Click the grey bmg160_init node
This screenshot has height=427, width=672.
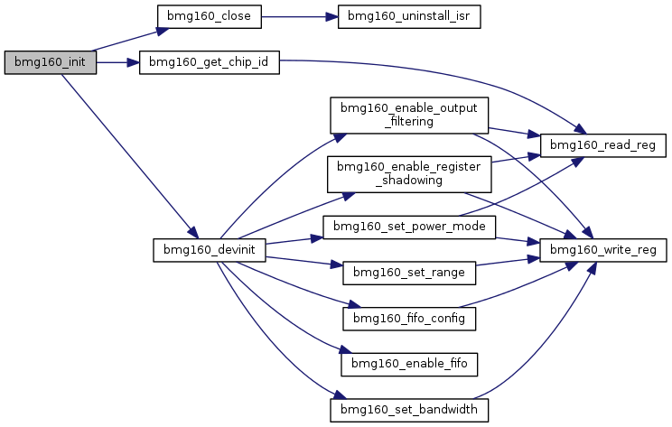[x=51, y=62]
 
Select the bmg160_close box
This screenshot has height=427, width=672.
[x=210, y=17]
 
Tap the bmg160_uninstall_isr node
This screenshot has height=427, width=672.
[x=409, y=17]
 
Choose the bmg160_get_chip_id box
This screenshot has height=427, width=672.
[x=210, y=62]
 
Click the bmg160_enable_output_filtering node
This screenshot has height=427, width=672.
[x=409, y=116]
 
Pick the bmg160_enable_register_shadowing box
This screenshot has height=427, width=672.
[x=409, y=174]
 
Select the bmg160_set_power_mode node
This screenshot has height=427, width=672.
[x=409, y=227]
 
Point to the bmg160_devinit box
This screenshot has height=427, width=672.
[x=210, y=250]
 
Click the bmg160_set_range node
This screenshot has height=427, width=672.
[x=409, y=274]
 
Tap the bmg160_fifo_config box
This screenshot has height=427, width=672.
[x=409, y=319]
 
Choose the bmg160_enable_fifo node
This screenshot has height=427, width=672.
[x=409, y=365]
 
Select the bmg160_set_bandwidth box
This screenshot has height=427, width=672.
[x=409, y=410]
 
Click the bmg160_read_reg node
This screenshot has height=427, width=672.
[x=603, y=145]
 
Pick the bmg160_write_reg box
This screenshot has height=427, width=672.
[x=603, y=250]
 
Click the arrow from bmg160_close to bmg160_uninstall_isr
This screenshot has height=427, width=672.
[x=300, y=17]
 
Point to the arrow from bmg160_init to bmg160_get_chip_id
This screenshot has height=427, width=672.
[x=117, y=62]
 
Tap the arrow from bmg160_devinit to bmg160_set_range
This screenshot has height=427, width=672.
[x=304, y=261]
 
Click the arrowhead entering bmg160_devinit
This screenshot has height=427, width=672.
[x=193, y=233]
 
